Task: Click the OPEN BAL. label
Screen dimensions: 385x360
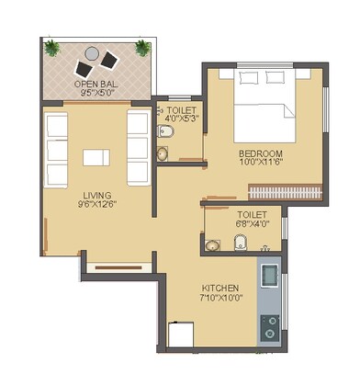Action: [95, 83]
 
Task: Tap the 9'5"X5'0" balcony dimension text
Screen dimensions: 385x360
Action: [95, 93]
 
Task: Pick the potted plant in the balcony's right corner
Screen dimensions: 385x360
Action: [143, 46]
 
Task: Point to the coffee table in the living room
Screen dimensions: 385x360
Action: [96, 157]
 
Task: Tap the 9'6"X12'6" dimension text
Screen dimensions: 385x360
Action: [96, 205]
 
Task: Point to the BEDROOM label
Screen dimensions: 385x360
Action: [261, 153]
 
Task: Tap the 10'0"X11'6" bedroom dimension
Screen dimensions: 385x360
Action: [261, 163]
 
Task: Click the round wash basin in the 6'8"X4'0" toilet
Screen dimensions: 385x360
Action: [213, 244]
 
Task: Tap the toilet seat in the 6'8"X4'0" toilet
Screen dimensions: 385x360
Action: [241, 243]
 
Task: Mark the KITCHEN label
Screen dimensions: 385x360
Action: [219, 287]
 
